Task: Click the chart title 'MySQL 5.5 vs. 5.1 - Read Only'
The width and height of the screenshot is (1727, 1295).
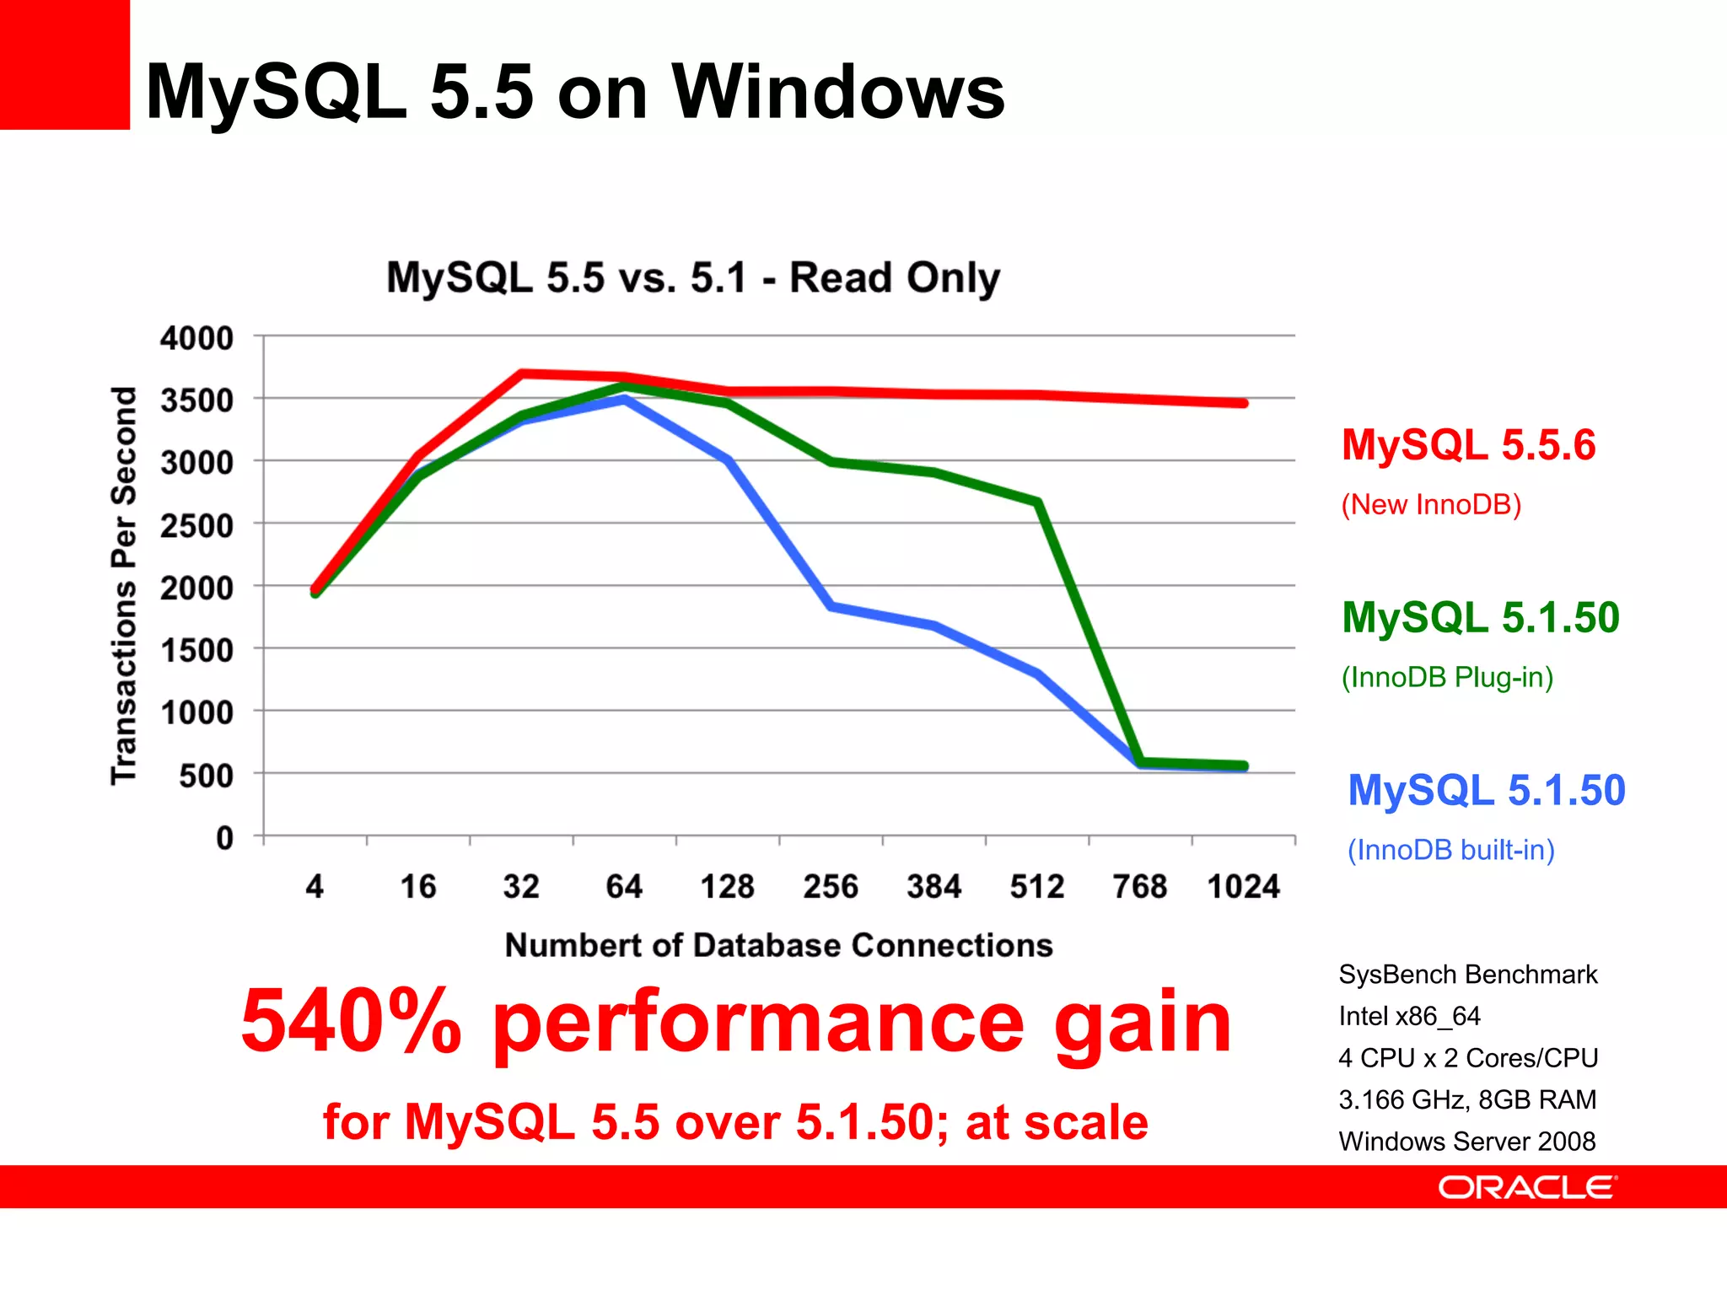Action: [693, 277]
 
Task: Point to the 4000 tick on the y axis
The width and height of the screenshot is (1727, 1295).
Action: [197, 338]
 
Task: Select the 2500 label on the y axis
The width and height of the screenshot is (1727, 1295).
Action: [197, 525]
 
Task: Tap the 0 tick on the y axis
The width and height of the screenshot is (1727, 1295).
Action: [224, 838]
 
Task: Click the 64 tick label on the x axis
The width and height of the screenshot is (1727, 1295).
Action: [624, 887]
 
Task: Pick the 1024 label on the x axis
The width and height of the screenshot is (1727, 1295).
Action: [1243, 887]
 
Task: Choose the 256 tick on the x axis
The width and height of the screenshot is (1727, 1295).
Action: [831, 887]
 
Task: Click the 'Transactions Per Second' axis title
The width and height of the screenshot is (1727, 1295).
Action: [124, 586]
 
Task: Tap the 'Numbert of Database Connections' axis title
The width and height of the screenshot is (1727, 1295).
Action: [778, 945]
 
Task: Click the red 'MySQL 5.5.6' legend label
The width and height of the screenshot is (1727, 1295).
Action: [1468, 445]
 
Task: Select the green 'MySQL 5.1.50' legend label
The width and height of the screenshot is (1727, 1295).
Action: [1481, 617]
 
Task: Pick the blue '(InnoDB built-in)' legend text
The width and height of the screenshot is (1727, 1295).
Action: [1450, 850]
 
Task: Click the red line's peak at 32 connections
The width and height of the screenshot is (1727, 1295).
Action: [522, 373]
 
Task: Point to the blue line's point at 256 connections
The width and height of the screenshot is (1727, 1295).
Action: [831, 606]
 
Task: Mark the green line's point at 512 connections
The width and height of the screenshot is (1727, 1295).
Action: [1038, 502]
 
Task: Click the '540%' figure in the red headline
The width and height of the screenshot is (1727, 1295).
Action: [351, 1022]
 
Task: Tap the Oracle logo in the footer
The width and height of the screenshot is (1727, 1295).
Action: [1527, 1187]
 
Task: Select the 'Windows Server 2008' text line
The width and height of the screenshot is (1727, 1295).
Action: [1467, 1142]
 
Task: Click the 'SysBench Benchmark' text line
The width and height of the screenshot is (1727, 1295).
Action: [1467, 975]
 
